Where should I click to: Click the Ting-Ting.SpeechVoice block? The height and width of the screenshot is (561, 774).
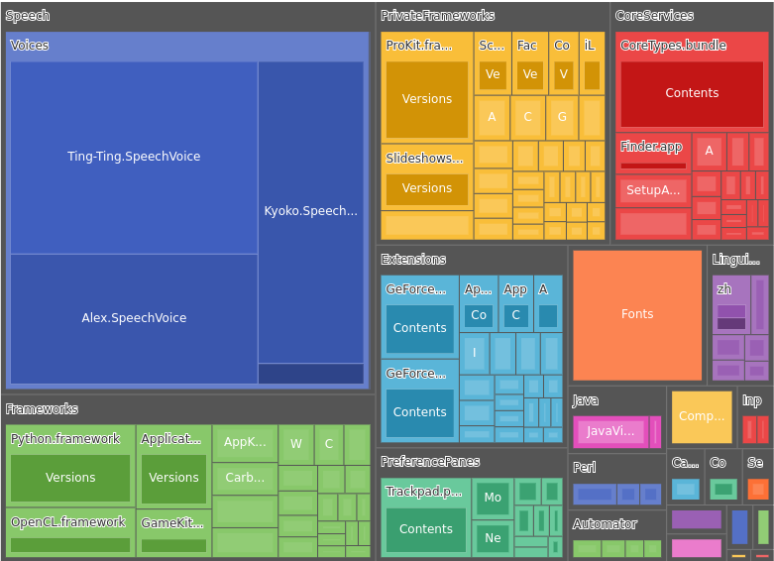coord(134,157)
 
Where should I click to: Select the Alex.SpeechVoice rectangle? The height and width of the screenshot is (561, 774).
coord(134,318)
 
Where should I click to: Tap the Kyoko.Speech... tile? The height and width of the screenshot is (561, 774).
coord(310,211)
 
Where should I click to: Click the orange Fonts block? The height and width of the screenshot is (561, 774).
coord(637,314)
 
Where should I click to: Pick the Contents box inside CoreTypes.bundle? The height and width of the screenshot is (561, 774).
coord(692,93)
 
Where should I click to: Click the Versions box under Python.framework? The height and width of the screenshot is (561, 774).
coord(70,478)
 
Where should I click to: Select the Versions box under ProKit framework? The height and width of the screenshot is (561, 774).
coord(426,99)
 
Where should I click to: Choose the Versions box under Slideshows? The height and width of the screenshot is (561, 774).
coord(426,188)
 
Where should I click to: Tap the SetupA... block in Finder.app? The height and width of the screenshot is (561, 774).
coord(653,190)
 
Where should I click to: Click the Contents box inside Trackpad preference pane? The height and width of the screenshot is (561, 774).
coord(425,529)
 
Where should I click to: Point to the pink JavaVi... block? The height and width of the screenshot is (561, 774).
coord(610,431)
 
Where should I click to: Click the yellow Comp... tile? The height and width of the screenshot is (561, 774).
coord(702,416)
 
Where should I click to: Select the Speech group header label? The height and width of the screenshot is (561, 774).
coord(27,16)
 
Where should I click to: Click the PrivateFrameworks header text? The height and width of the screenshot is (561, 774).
coord(437,16)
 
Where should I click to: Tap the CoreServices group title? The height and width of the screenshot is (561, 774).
coord(654,16)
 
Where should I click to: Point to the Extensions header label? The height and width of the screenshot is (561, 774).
coord(413,260)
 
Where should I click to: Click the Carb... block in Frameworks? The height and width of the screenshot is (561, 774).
coord(245,478)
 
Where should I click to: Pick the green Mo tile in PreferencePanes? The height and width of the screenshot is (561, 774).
coord(493,498)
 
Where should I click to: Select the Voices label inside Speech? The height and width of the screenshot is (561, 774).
coord(29,46)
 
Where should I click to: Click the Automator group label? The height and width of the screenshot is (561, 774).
coord(605,524)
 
